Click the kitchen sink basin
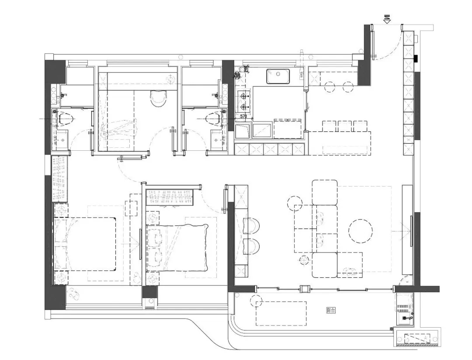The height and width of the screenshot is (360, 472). (278, 76)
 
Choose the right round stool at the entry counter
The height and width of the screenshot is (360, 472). (348, 87)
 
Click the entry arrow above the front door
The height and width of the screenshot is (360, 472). (387, 19)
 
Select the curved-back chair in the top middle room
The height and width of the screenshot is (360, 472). (158, 98)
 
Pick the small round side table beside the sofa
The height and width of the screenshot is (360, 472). (294, 203)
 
